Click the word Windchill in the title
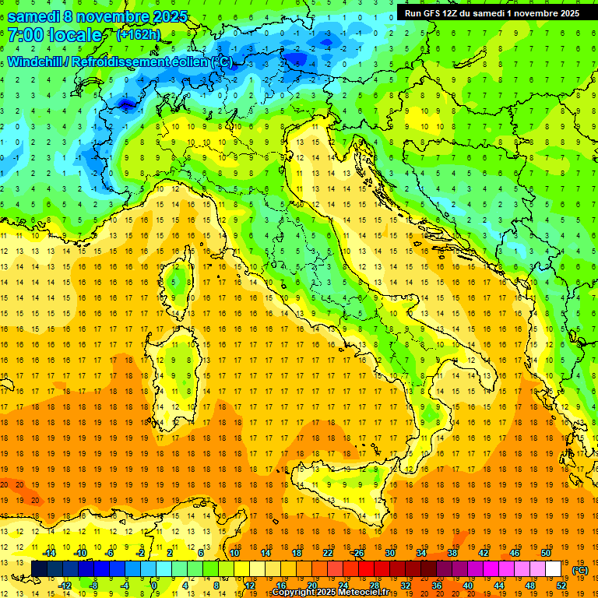point(34,62)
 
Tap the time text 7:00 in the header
point(24,35)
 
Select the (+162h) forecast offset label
point(139,35)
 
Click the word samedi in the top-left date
point(35,16)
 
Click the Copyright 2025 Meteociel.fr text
point(335,593)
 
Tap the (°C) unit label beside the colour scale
point(580,570)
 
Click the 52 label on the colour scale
point(561,586)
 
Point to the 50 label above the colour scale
point(546,553)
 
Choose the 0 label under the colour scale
point(154,586)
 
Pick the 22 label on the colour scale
point(328,553)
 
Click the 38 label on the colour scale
point(452,553)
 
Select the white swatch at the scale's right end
point(554,569)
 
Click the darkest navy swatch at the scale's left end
point(39,569)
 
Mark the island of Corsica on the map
point(181,280)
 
